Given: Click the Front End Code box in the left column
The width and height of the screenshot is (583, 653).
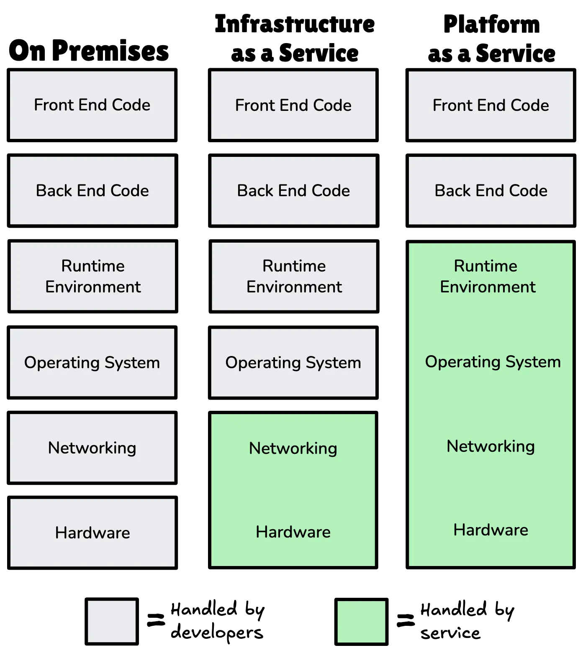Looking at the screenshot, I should pyautogui.click(x=92, y=105).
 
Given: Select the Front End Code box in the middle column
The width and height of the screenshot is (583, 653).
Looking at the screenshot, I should pyautogui.click(x=293, y=105).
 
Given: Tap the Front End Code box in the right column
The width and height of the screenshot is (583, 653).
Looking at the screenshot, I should pyautogui.click(x=491, y=105).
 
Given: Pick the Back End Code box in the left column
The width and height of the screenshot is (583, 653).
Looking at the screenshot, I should pyautogui.click(x=92, y=190).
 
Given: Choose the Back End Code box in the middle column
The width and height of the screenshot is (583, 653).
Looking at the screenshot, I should pyautogui.click(x=293, y=190).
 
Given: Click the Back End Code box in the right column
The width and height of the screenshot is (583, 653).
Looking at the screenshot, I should pyautogui.click(x=491, y=190).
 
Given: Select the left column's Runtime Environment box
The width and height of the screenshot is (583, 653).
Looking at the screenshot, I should pyautogui.click(x=92, y=276).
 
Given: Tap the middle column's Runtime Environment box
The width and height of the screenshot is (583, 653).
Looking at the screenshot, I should pyautogui.click(x=294, y=276).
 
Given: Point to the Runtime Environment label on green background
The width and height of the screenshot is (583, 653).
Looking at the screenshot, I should pyautogui.click(x=487, y=276).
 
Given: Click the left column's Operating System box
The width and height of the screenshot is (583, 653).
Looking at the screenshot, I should pyautogui.click(x=92, y=362).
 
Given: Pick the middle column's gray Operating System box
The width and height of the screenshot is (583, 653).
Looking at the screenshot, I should pyautogui.click(x=293, y=362).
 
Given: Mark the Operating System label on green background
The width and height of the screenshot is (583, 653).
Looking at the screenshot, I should pyautogui.click(x=493, y=362).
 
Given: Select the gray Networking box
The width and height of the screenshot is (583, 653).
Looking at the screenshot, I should pyautogui.click(x=92, y=448).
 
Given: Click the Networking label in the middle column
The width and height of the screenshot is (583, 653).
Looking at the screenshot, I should pyautogui.click(x=293, y=448).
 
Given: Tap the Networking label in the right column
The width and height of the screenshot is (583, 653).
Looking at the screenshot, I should pyautogui.click(x=491, y=446).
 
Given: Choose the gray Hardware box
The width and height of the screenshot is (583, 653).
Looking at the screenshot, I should pyautogui.click(x=92, y=533).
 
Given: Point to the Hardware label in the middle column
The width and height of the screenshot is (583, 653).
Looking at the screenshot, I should pyautogui.click(x=293, y=532).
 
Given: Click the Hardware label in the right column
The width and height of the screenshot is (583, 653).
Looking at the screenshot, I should pyautogui.click(x=491, y=530).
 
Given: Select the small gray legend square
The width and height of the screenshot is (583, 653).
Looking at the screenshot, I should pyautogui.click(x=112, y=621).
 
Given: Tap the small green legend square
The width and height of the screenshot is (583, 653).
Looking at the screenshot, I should pyautogui.click(x=361, y=622).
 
